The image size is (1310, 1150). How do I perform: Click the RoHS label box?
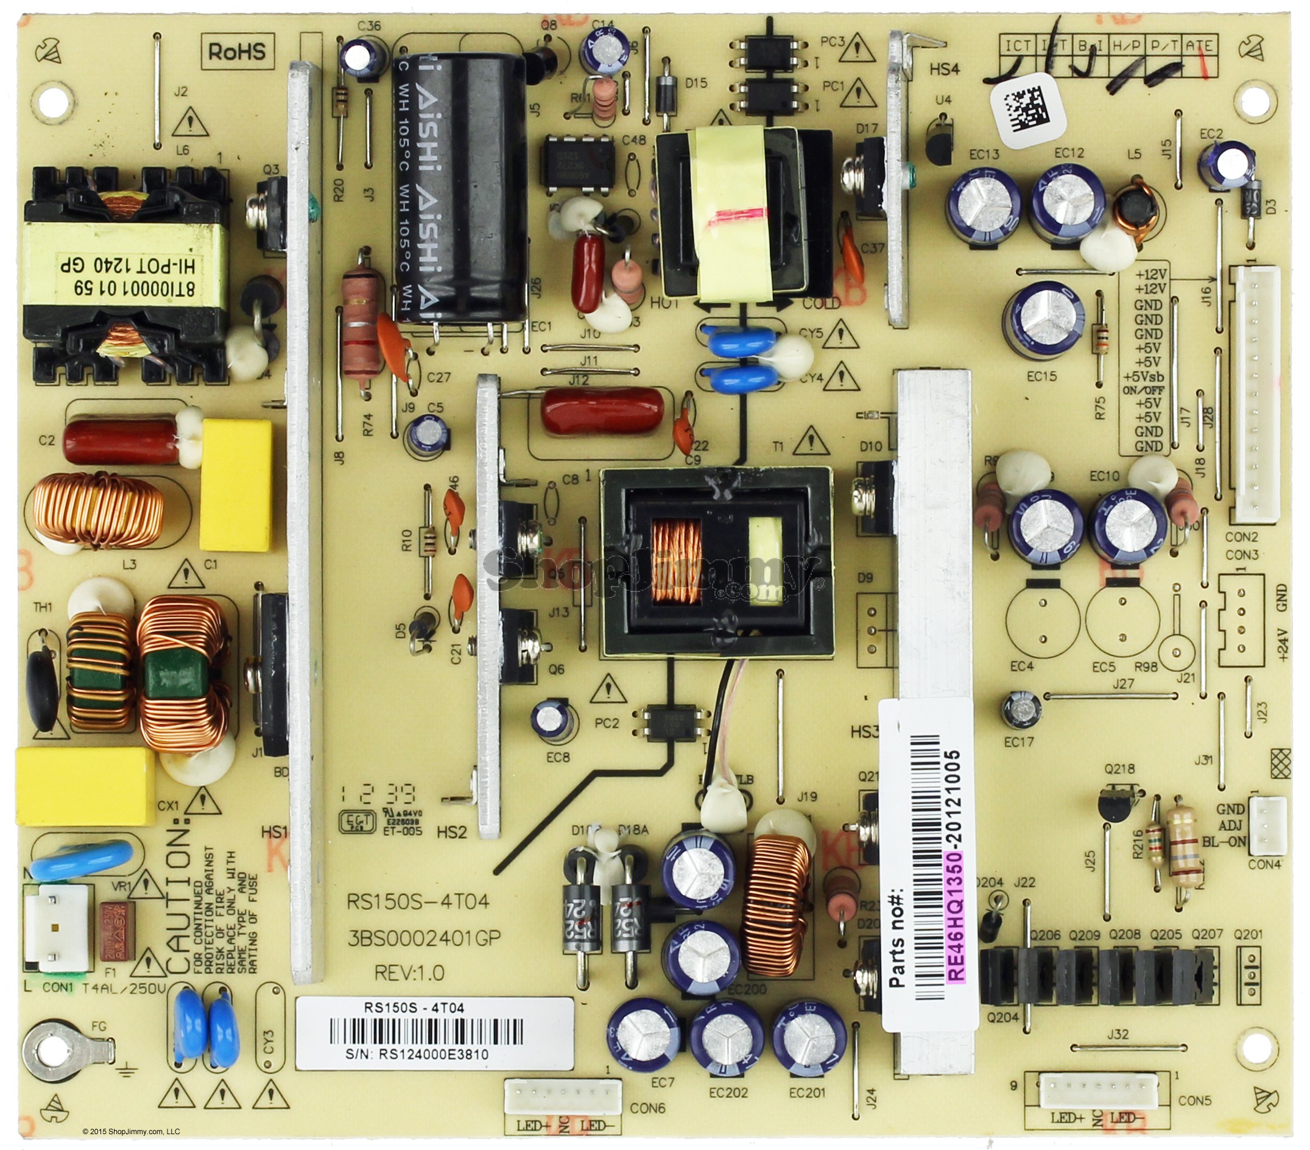236,51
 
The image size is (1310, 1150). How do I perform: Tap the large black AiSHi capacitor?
460,186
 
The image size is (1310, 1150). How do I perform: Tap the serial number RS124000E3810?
434,1054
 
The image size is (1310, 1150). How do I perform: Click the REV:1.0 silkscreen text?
409,973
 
